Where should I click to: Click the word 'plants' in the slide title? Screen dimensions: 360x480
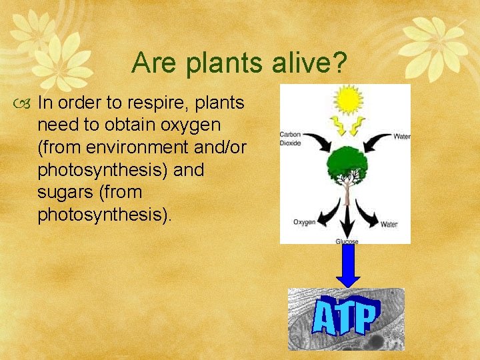209,64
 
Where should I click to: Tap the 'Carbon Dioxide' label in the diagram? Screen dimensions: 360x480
291,137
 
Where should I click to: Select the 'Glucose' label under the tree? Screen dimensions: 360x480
347,241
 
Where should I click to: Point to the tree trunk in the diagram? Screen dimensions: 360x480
346,193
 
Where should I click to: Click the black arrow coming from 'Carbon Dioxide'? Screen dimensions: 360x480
312,141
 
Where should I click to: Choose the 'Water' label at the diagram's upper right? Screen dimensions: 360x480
401,137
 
